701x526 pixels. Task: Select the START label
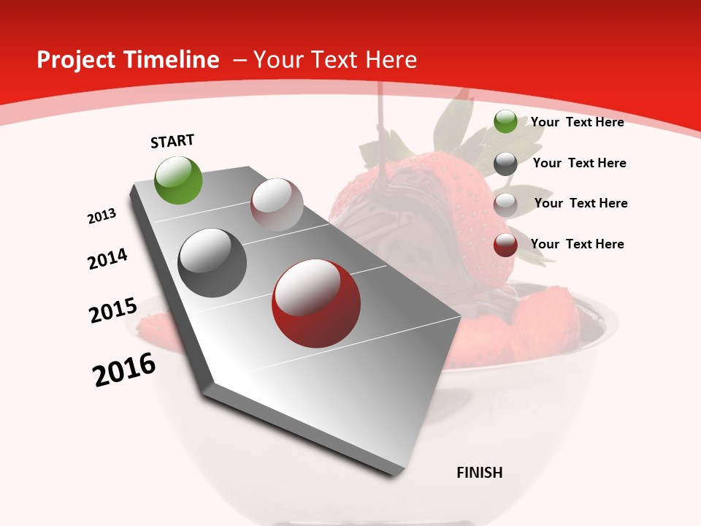tap(172, 141)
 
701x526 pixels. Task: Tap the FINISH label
tap(480, 473)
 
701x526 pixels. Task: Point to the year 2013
tap(101, 216)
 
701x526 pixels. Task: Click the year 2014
tap(107, 259)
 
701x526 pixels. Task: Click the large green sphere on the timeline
tap(179, 180)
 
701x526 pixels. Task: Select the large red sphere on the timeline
tap(316, 303)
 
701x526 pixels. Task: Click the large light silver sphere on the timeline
tap(277, 205)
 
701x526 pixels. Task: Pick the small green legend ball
tap(505, 121)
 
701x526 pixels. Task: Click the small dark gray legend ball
tap(505, 164)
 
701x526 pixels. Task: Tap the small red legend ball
tap(505, 245)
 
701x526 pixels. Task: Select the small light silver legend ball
tap(505, 205)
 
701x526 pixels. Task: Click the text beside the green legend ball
tap(577, 122)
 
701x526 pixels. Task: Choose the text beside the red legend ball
tap(577, 244)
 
